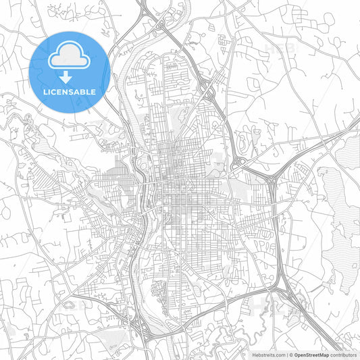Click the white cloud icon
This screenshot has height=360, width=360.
click(x=69, y=56)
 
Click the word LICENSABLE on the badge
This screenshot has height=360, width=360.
click(x=69, y=91)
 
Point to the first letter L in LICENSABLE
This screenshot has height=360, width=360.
click(x=45, y=91)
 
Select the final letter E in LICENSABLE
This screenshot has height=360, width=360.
click(x=93, y=91)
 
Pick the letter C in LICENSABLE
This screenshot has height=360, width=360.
click(x=54, y=91)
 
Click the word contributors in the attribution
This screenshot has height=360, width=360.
click(x=343, y=355)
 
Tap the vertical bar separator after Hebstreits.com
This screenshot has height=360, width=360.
click(x=287, y=355)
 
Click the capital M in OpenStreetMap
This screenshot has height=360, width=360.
click(x=323, y=355)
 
